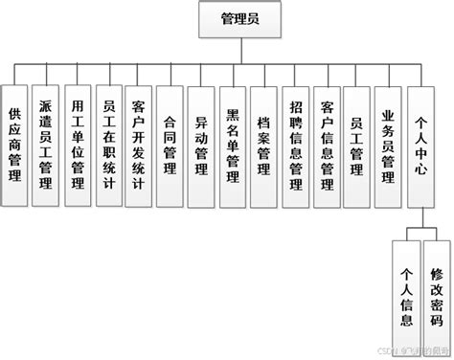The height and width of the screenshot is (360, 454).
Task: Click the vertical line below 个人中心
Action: point(421,218)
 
